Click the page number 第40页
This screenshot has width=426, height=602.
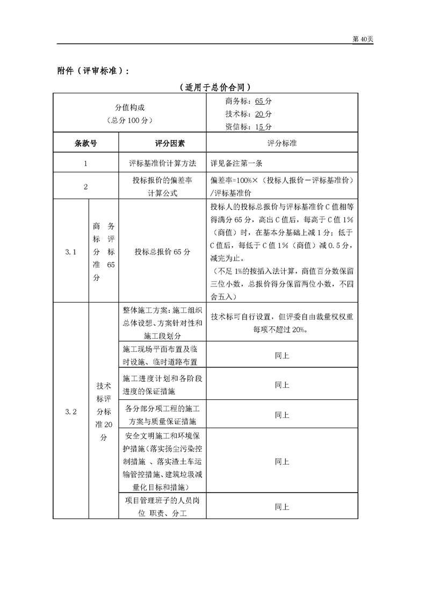[362, 40]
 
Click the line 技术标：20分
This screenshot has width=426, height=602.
[249, 114]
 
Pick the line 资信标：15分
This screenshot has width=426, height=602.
[249, 127]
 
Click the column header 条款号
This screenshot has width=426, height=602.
[85, 143]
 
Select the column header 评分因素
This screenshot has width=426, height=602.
[162, 143]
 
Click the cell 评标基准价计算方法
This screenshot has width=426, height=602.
[162, 163]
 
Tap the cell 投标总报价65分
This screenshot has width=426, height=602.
[162, 251]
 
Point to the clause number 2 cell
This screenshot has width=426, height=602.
[85, 187]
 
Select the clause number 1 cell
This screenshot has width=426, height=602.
[85, 163]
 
